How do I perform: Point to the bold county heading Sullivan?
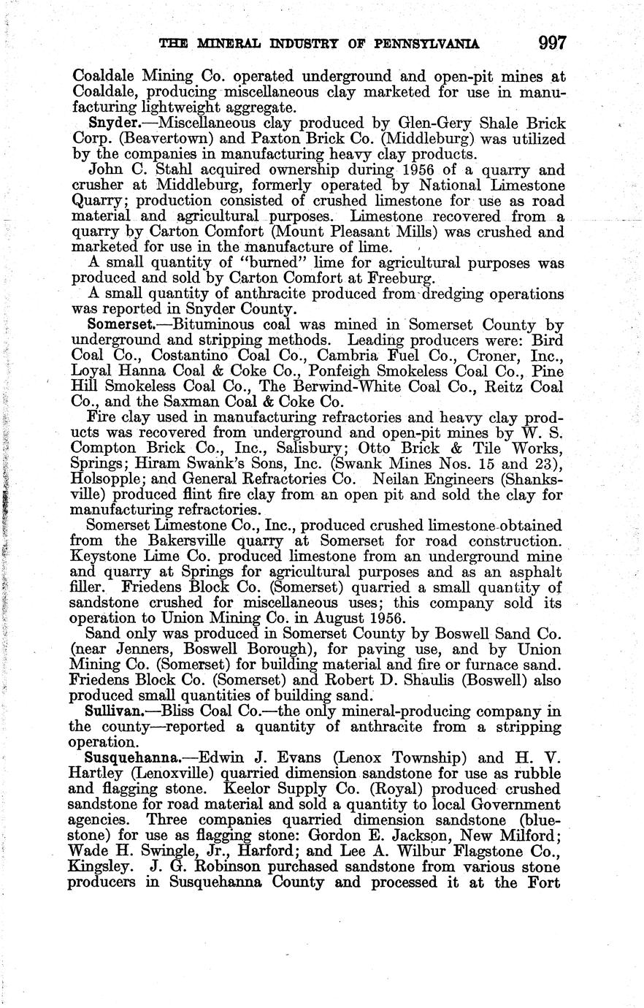pos(110,711)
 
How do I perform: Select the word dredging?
pos(432,294)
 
